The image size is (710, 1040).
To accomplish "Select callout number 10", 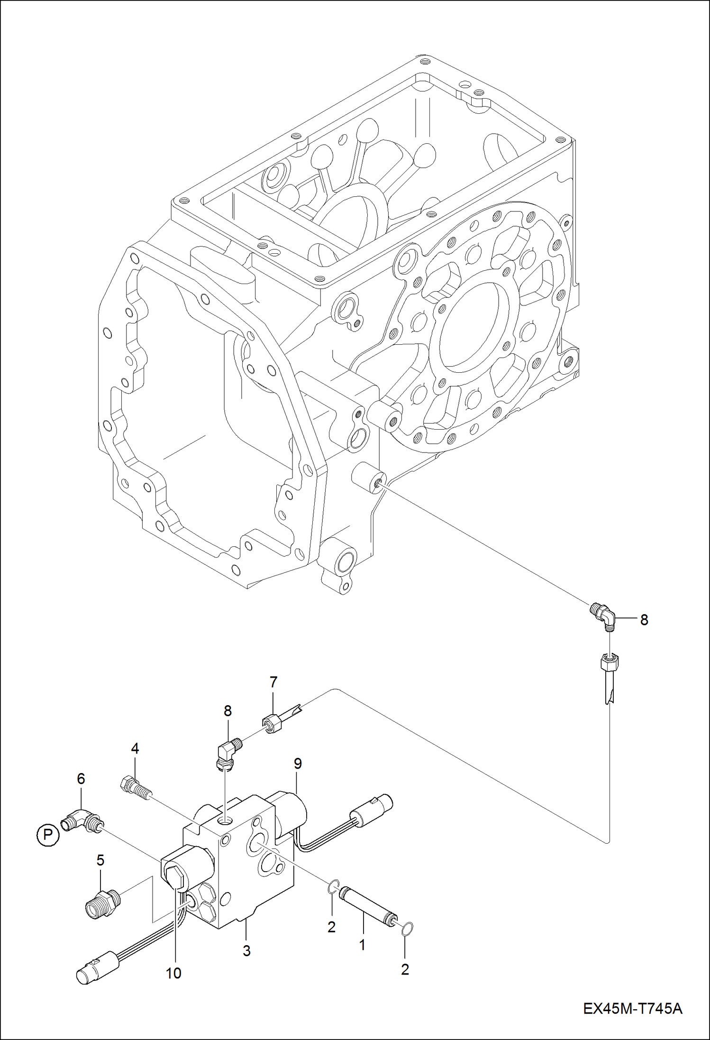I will click(x=173, y=973).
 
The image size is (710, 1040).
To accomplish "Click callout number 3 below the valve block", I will click(x=246, y=950).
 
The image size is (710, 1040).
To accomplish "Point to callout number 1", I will click(x=362, y=945).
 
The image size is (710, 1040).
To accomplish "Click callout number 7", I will click(x=273, y=682).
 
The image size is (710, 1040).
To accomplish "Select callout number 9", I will click(x=298, y=764).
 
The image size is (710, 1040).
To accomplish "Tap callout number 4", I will click(x=135, y=748).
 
